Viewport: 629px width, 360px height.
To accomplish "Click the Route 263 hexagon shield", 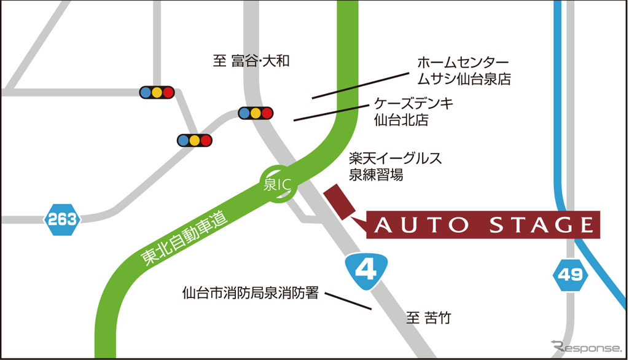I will pyautogui.click(x=62, y=219).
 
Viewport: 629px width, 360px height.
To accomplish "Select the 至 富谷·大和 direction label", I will pyautogui.click(x=251, y=61).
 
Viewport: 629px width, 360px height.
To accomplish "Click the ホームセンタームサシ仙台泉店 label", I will pyautogui.click(x=464, y=71).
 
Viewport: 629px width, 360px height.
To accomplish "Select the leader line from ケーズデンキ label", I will pyautogui.click(x=332, y=112).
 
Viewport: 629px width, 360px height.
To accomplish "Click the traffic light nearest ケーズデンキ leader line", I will pyautogui.click(x=255, y=112).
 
